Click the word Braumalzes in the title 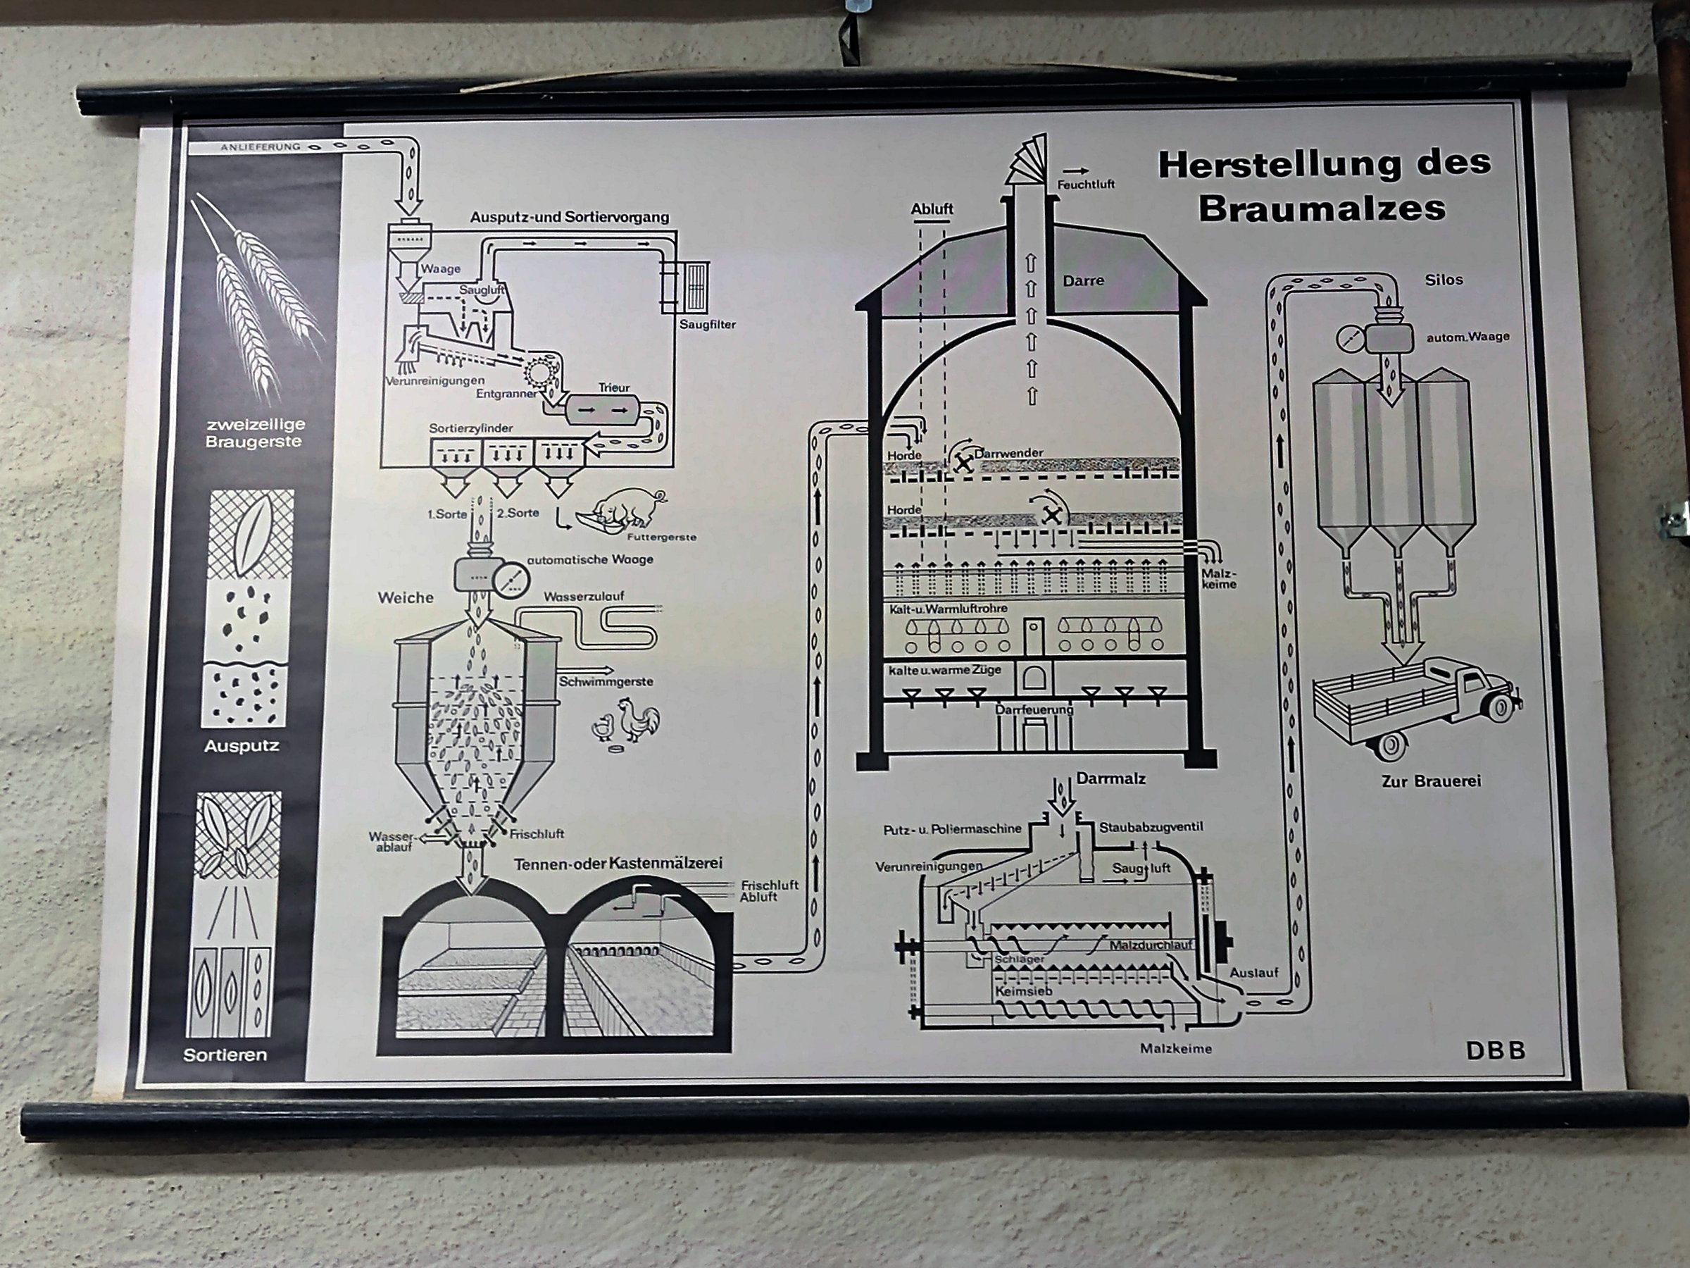[1322, 209]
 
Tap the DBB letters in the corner [1495, 1051]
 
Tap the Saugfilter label [708, 324]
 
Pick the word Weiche [405, 597]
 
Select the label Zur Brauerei [1431, 781]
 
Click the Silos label [1444, 280]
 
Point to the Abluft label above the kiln [932, 209]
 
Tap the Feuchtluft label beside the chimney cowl [1086, 184]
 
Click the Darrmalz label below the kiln [1111, 778]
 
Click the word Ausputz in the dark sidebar [242, 745]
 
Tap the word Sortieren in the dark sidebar [225, 1055]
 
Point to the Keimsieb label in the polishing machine [1023, 990]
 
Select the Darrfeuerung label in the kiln [1034, 709]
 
